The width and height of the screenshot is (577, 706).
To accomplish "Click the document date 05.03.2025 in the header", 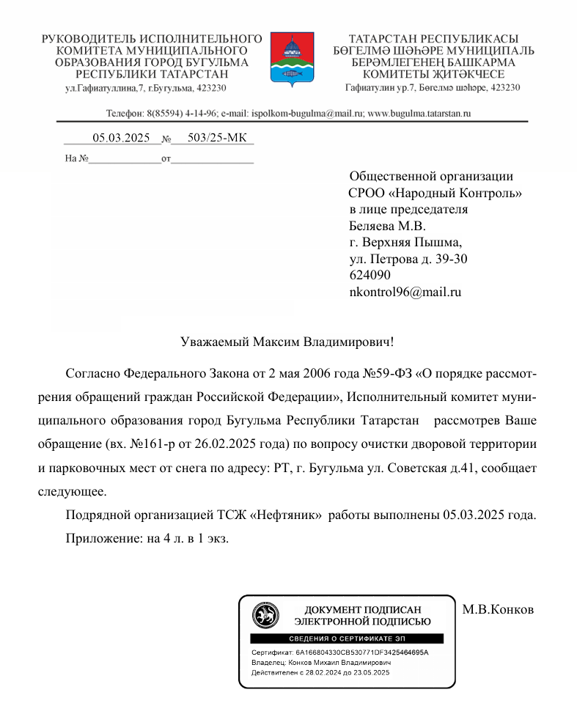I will tap(120, 138).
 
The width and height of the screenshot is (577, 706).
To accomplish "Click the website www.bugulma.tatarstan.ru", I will tap(418, 114).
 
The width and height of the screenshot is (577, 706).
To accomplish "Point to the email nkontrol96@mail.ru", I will tap(405, 292).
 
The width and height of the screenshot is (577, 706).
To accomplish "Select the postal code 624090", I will tap(370, 275).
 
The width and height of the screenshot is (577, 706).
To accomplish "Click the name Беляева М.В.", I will tap(387, 226).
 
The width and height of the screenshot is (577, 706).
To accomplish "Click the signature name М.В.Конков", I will tap(498, 609).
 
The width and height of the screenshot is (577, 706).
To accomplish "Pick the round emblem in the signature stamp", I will tap(265, 615).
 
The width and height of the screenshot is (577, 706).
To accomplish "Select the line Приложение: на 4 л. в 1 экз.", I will tap(147, 539).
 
